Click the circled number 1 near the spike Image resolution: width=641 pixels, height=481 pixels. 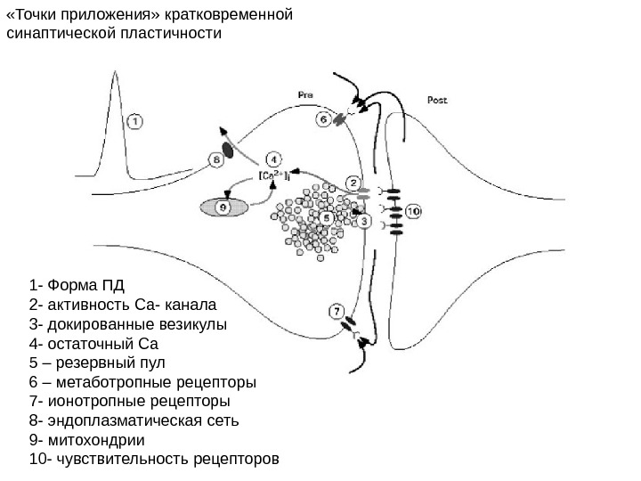[x=134, y=120]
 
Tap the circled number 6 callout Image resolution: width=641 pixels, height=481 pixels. [x=325, y=118]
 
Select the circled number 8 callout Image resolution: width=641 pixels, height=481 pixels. [x=215, y=159]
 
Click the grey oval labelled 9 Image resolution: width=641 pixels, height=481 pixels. [x=223, y=207]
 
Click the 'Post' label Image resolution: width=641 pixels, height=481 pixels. [x=437, y=100]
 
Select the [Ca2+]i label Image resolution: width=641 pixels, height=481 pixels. [x=271, y=175]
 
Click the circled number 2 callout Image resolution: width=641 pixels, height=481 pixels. [x=353, y=183]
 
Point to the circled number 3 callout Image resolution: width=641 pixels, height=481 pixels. [x=364, y=221]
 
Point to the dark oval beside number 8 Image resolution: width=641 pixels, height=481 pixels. [x=229, y=151]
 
